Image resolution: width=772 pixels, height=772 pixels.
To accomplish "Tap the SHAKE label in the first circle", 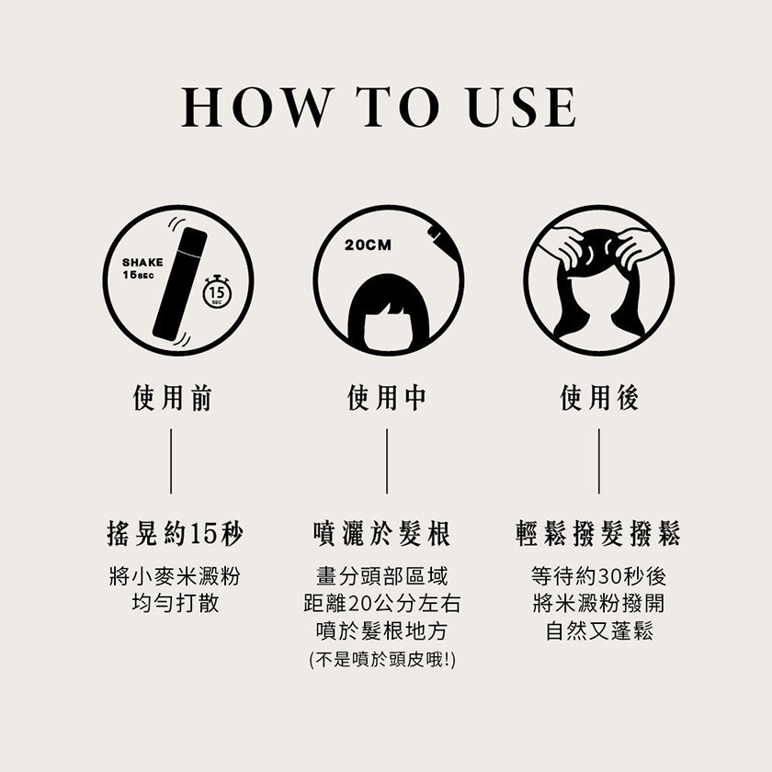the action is click(x=142, y=263).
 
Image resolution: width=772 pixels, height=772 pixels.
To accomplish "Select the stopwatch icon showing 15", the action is click(x=216, y=292).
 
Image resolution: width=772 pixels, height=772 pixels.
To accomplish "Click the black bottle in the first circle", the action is click(x=179, y=284).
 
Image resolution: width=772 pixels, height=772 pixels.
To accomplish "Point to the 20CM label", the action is click(x=368, y=244).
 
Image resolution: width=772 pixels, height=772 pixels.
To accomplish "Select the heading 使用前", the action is click(x=173, y=398).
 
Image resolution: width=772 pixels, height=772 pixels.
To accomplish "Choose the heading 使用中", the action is click(x=387, y=398).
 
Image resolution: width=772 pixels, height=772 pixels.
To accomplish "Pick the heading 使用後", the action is click(x=599, y=398).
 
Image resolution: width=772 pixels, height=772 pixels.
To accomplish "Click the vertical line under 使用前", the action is click(x=171, y=461).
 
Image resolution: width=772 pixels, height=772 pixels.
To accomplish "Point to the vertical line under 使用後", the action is click(x=599, y=461).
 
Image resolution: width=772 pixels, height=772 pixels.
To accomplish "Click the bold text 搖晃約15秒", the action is click(x=175, y=533).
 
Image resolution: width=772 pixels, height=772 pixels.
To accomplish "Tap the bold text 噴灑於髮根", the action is click(x=381, y=533).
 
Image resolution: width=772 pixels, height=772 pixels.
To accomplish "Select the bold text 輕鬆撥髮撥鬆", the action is click(x=598, y=533).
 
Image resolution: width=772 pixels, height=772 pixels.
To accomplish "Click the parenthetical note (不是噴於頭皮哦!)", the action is click(x=382, y=660).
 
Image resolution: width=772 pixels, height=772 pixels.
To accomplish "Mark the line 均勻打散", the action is click(x=176, y=604).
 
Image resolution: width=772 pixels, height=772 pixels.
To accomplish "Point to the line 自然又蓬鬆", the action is click(x=599, y=631).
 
